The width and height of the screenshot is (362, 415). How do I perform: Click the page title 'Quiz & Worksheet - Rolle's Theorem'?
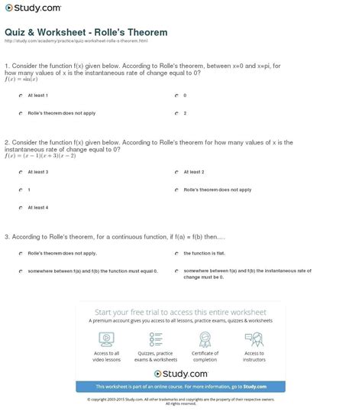tap(86, 32)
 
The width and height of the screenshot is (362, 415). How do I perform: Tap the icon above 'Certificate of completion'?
tap(205, 340)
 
